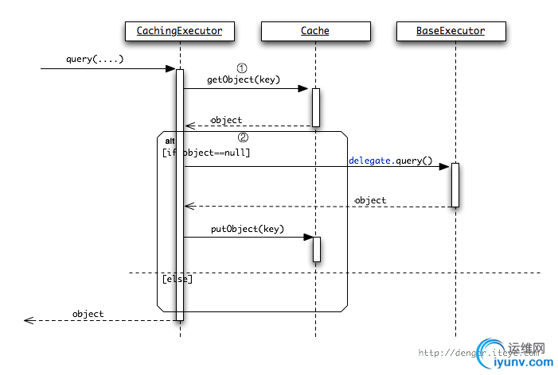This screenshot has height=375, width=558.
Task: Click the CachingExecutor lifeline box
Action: (x=180, y=32)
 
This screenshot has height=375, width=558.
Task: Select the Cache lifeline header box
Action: (x=315, y=32)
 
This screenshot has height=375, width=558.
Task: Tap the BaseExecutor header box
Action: (x=451, y=32)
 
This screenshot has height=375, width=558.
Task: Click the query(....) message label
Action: (x=95, y=60)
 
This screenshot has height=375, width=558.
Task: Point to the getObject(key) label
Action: (x=238, y=79)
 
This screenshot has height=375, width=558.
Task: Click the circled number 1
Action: (x=244, y=68)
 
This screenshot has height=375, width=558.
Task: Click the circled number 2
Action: (x=244, y=136)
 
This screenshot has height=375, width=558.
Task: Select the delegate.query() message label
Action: (x=390, y=160)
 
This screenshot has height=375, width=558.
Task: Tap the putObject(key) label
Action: (x=248, y=229)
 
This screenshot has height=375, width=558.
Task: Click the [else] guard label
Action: (x=177, y=279)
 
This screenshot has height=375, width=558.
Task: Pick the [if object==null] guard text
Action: (x=206, y=152)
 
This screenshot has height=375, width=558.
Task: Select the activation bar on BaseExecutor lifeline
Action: (x=455, y=184)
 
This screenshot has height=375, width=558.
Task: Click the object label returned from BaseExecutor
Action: (x=370, y=200)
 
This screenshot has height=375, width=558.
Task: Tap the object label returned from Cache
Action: (x=226, y=120)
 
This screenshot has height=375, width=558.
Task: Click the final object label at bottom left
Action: (x=88, y=314)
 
